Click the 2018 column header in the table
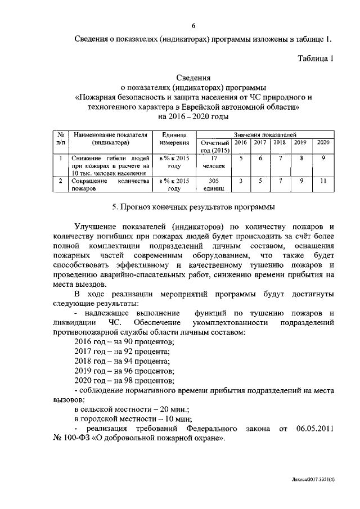[x=279, y=143]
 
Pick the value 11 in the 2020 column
[x=323, y=181]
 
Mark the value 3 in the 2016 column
[x=240, y=181]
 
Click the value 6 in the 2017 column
[x=260, y=159]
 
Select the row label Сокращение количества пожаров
[x=110, y=185]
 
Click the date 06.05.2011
[x=315, y=429]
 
